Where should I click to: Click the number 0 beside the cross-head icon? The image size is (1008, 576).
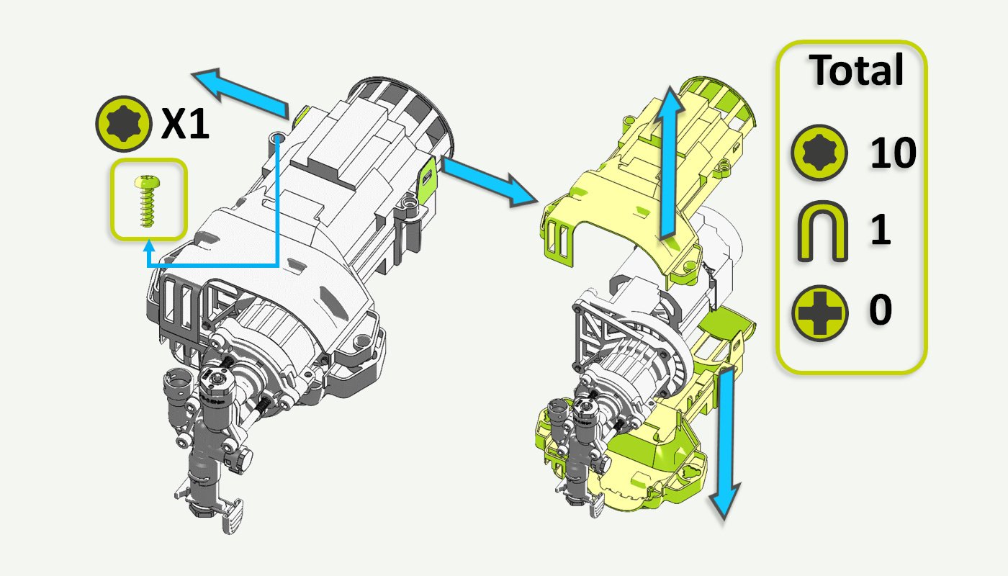880,310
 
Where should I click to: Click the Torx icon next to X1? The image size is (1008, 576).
122,125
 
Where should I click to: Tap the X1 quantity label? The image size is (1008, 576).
184,125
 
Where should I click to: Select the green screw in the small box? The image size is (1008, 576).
148,199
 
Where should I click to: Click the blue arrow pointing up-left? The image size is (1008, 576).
241,92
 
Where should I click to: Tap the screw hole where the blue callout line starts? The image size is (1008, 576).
278,137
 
